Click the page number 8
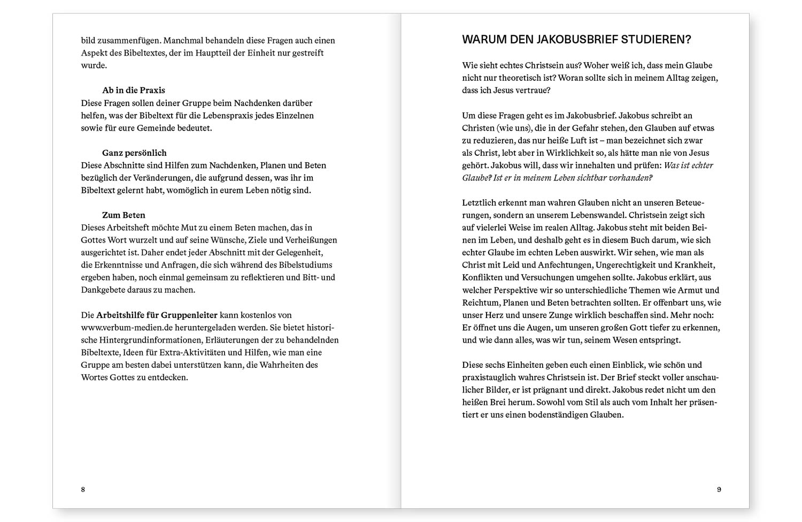pos(83,489)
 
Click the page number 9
pos(719,489)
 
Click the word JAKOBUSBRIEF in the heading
pos(584,40)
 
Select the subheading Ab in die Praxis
pos(134,90)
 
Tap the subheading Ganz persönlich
pos(134,153)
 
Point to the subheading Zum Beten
pos(124,215)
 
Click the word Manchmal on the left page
pos(182,40)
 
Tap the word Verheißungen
pos(309,240)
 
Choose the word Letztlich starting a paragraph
pos(479,202)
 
